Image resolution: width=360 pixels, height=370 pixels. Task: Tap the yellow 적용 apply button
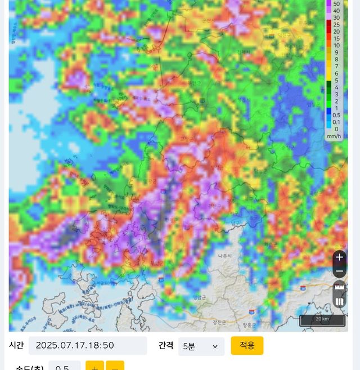247,345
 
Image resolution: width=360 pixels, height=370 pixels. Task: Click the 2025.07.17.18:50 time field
88,346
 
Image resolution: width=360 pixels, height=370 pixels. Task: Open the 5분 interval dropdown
201,346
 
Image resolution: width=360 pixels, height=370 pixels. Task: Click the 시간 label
16,345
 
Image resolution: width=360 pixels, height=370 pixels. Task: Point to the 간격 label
165,345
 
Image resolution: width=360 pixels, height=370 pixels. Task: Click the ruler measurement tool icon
339,288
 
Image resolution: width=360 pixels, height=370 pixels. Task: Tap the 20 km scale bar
322,320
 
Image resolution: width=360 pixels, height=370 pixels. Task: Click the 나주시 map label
224,256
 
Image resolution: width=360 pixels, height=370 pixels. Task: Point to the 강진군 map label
219,322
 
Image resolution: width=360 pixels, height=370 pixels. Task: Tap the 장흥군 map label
250,325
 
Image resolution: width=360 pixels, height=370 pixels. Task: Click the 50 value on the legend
336,3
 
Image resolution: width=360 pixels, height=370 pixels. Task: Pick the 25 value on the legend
336,25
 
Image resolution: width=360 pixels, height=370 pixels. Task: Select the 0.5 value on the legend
336,115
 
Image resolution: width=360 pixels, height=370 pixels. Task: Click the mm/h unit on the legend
334,136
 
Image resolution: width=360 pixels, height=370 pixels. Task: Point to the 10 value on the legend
336,46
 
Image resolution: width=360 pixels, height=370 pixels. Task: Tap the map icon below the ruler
339,302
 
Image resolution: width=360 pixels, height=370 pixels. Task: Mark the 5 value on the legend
336,80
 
